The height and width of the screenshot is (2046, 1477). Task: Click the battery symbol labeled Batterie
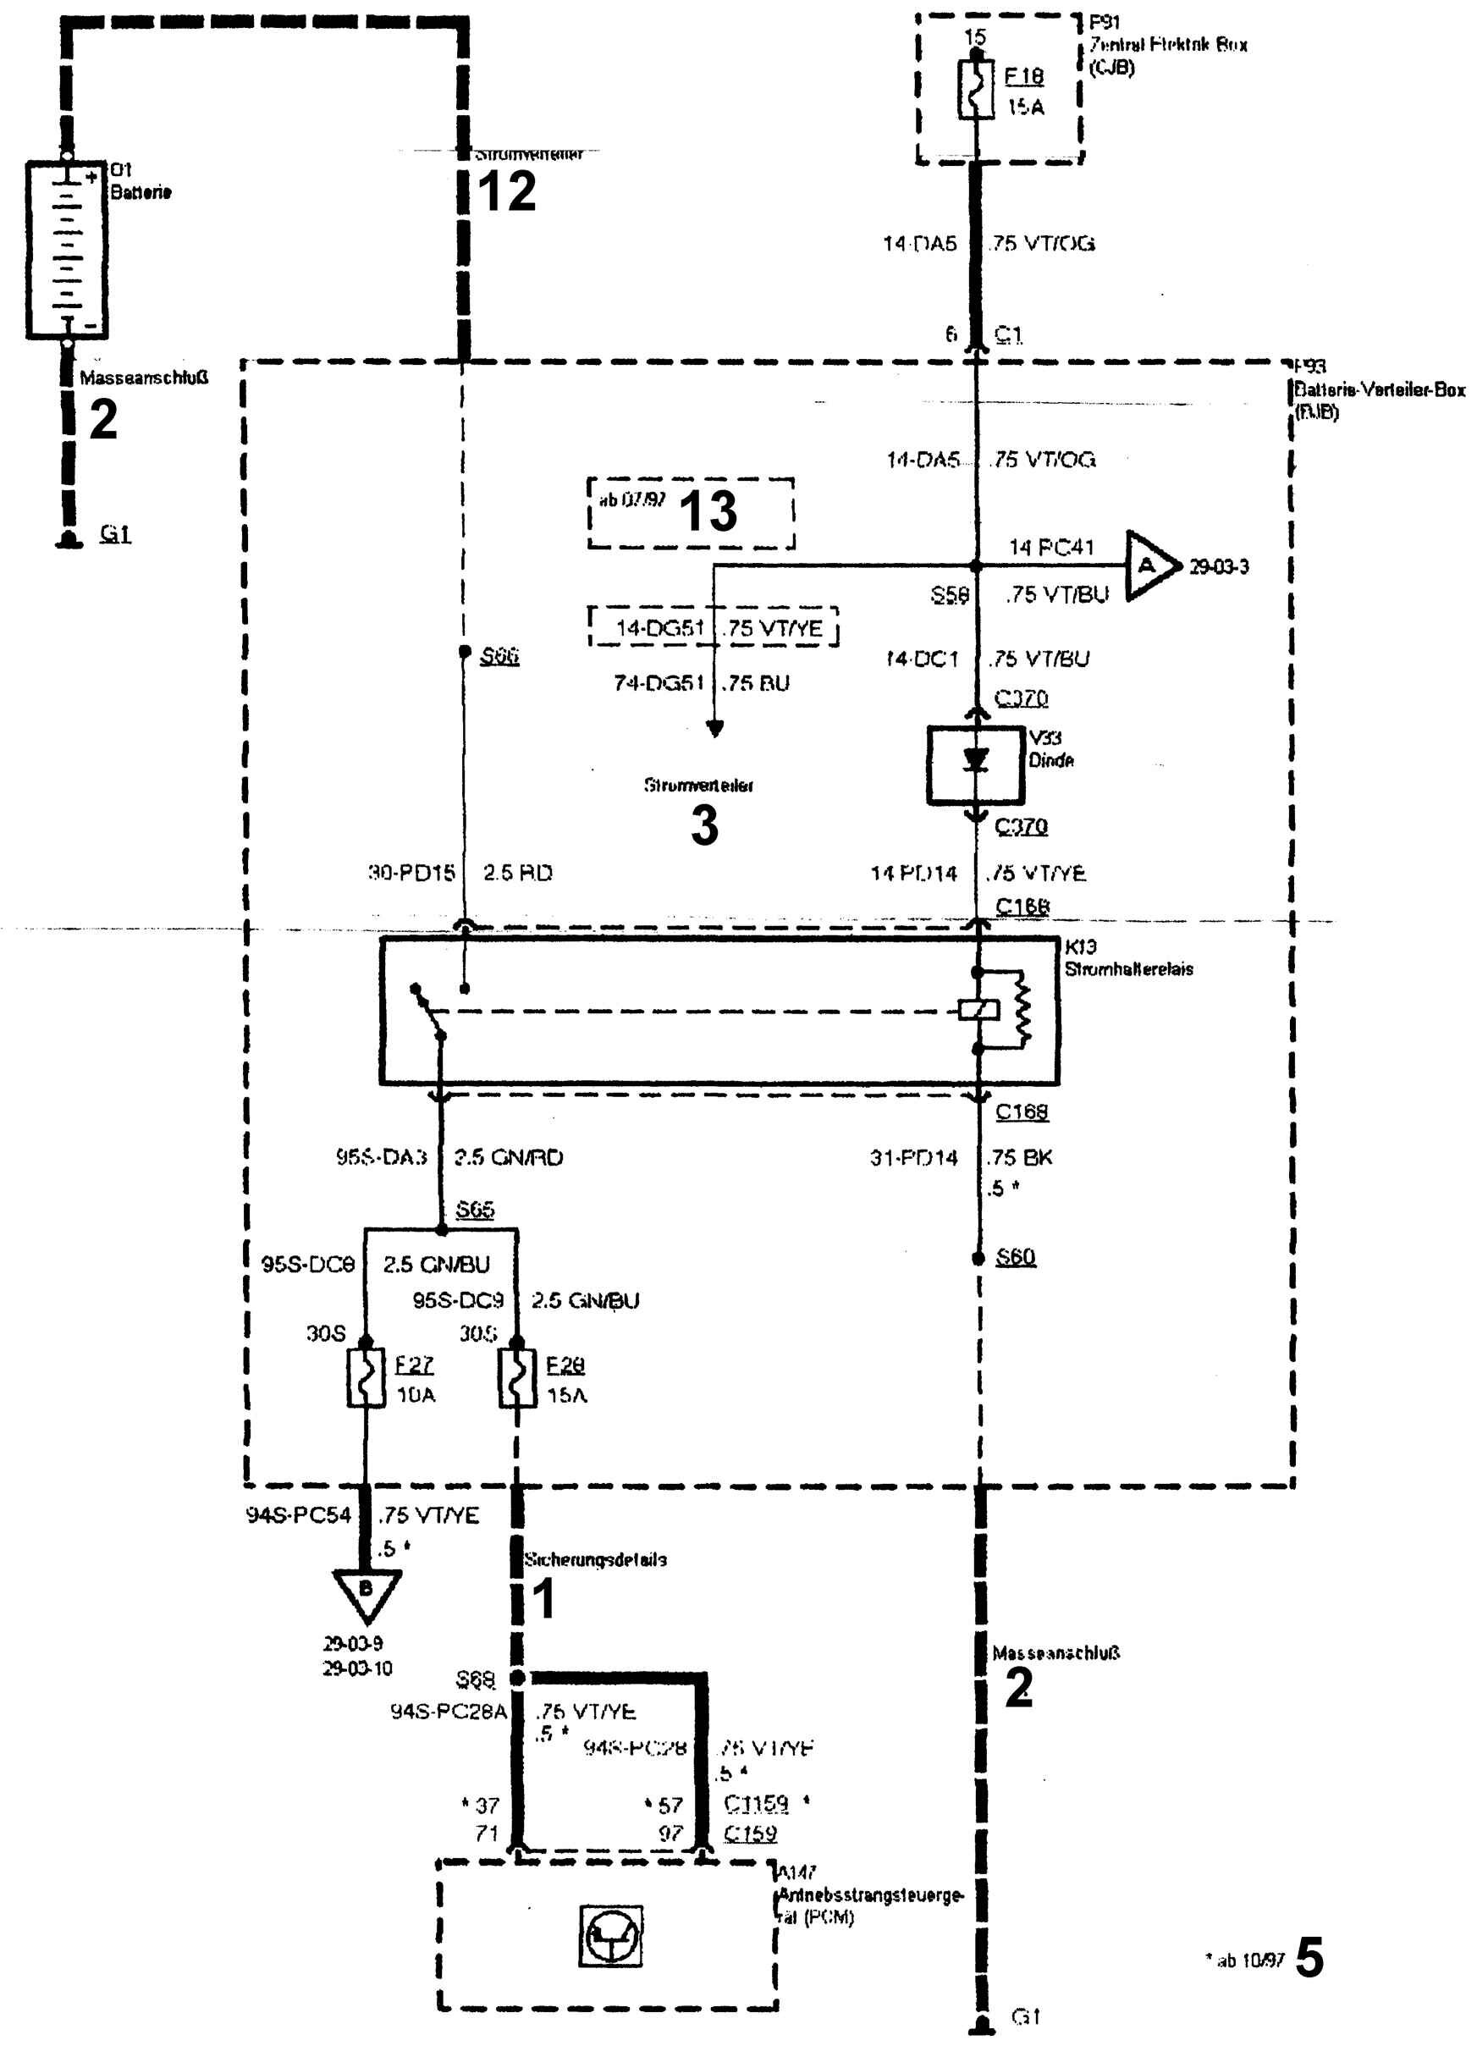[x=67, y=249]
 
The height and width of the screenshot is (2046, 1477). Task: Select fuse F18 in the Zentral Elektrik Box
[x=975, y=88]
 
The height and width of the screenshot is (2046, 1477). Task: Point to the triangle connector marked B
[x=366, y=1591]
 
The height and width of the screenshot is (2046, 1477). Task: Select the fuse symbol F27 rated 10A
[x=366, y=1378]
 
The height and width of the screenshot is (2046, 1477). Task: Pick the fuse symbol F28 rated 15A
[x=517, y=1378]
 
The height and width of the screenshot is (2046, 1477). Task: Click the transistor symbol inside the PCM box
[x=611, y=1935]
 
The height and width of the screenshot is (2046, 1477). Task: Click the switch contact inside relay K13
[x=428, y=1012]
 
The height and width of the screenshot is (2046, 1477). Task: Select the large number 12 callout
[x=506, y=192]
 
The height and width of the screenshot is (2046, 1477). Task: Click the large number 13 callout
[x=708, y=511]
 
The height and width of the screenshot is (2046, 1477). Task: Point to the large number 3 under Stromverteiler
[x=705, y=825]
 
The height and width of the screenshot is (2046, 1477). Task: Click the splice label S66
[x=499, y=656]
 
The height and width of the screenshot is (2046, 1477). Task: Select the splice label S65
[x=475, y=1209]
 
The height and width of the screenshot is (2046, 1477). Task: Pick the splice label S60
[x=1015, y=1257]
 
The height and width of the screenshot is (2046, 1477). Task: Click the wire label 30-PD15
[x=411, y=873]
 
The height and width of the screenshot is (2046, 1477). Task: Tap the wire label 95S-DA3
[x=381, y=1156]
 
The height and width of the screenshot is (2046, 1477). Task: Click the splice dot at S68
[x=517, y=1678]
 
